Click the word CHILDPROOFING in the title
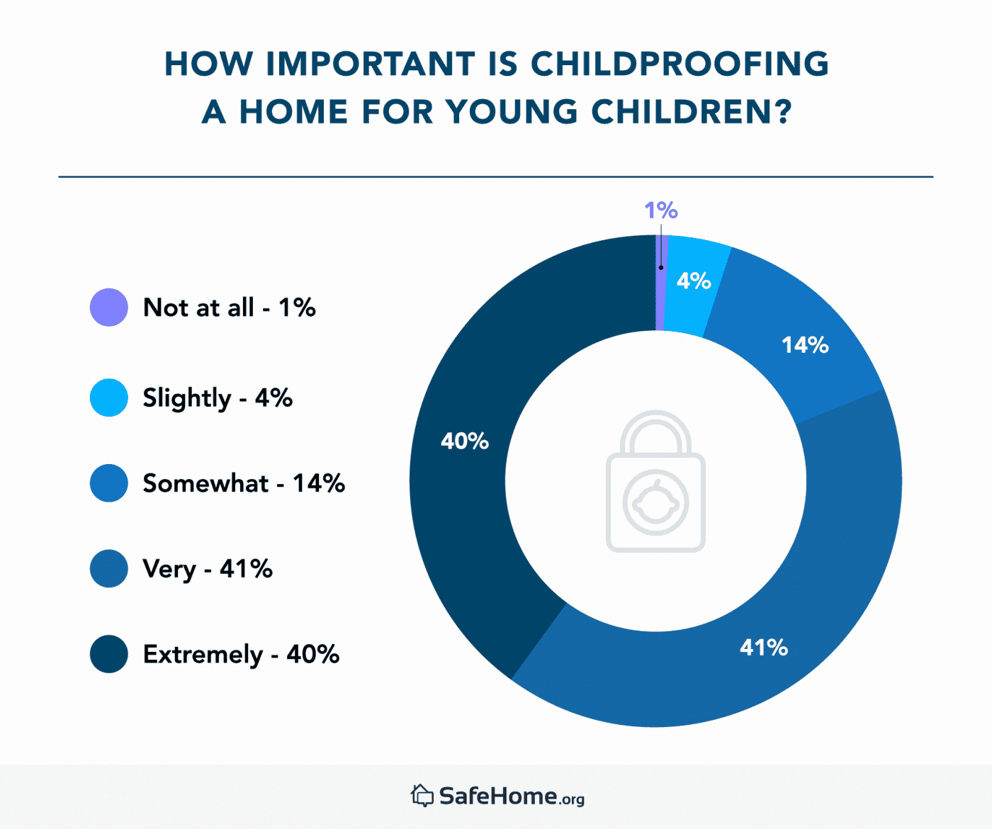coord(680,64)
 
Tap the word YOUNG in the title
coord(512,112)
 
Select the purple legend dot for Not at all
coord(108,308)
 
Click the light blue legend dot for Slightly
coord(108,397)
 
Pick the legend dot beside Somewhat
coord(108,483)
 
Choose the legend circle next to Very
coord(108,568)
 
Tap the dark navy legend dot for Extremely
coord(108,654)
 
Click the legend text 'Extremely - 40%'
coord(241,654)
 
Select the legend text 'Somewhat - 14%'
coord(244,483)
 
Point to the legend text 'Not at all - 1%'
coord(229,308)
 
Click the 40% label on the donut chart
coord(465,441)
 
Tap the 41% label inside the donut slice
coord(764,647)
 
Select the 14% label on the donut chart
coord(805,345)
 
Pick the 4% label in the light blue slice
coord(694,281)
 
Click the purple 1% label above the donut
coord(660,210)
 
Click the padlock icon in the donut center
coord(655,482)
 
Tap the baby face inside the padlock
coord(655,502)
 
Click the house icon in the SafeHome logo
coord(422,796)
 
